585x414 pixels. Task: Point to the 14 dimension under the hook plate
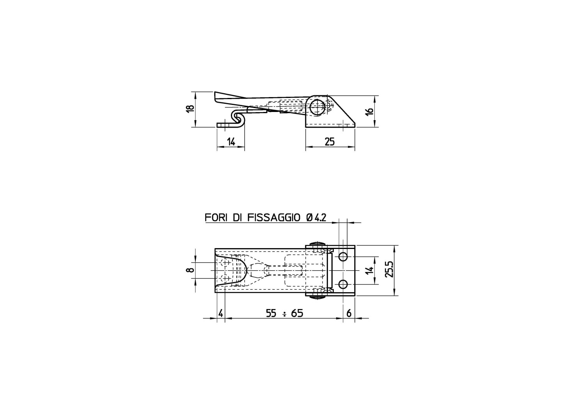coord(231,142)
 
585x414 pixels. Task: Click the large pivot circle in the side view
coord(317,108)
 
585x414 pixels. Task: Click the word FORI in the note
coord(216,217)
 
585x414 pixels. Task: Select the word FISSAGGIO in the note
coord(274,217)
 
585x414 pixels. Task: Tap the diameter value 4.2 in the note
coord(320,218)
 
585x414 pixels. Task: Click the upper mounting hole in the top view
coord(343,257)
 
